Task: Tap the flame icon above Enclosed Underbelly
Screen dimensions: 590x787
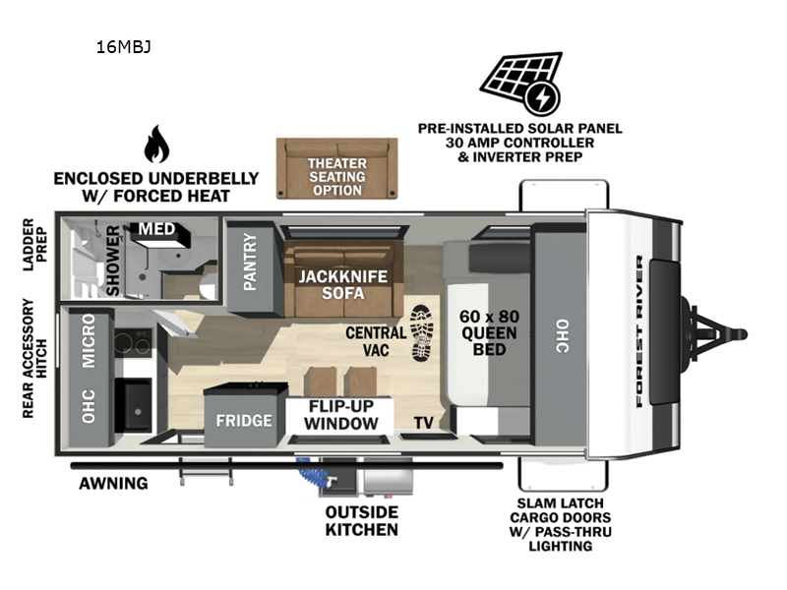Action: (156, 145)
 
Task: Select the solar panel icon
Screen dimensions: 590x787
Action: (520, 84)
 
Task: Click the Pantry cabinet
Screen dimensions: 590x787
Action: (249, 263)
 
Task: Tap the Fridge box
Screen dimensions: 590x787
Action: (244, 421)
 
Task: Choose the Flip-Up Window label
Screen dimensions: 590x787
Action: (340, 414)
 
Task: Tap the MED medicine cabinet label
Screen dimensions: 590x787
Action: (156, 230)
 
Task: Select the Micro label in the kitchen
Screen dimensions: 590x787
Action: (90, 340)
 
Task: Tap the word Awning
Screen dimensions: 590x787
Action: (115, 483)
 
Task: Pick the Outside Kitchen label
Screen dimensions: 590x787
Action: (362, 521)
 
